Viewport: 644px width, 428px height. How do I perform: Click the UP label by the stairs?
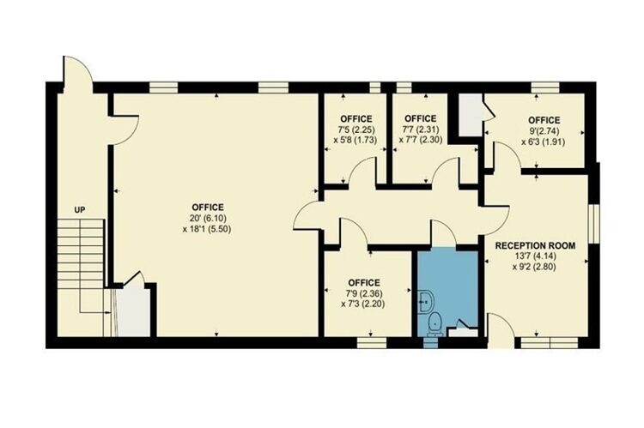coord(80,210)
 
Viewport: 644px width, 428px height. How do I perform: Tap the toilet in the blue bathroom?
coord(434,323)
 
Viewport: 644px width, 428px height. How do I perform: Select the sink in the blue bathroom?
coord(425,303)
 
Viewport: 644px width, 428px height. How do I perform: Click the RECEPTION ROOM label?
coord(535,246)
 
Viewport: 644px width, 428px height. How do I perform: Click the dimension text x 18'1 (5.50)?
coord(208,228)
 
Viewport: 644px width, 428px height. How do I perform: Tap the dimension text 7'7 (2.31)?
coord(421,129)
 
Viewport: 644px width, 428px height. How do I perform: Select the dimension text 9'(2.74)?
coord(544,131)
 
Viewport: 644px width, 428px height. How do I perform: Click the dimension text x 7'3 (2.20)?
coord(363,304)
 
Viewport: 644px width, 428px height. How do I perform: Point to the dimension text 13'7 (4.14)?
coord(535,256)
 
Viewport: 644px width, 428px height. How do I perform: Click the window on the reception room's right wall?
coord(594,224)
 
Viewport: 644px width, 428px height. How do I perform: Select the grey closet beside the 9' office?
coord(470,115)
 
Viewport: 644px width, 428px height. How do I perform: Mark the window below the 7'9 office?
coord(372,342)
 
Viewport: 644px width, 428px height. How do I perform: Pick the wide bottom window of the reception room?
coord(550,342)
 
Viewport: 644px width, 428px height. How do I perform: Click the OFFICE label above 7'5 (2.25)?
coord(356,118)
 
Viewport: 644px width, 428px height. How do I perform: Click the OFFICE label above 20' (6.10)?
coord(208,208)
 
